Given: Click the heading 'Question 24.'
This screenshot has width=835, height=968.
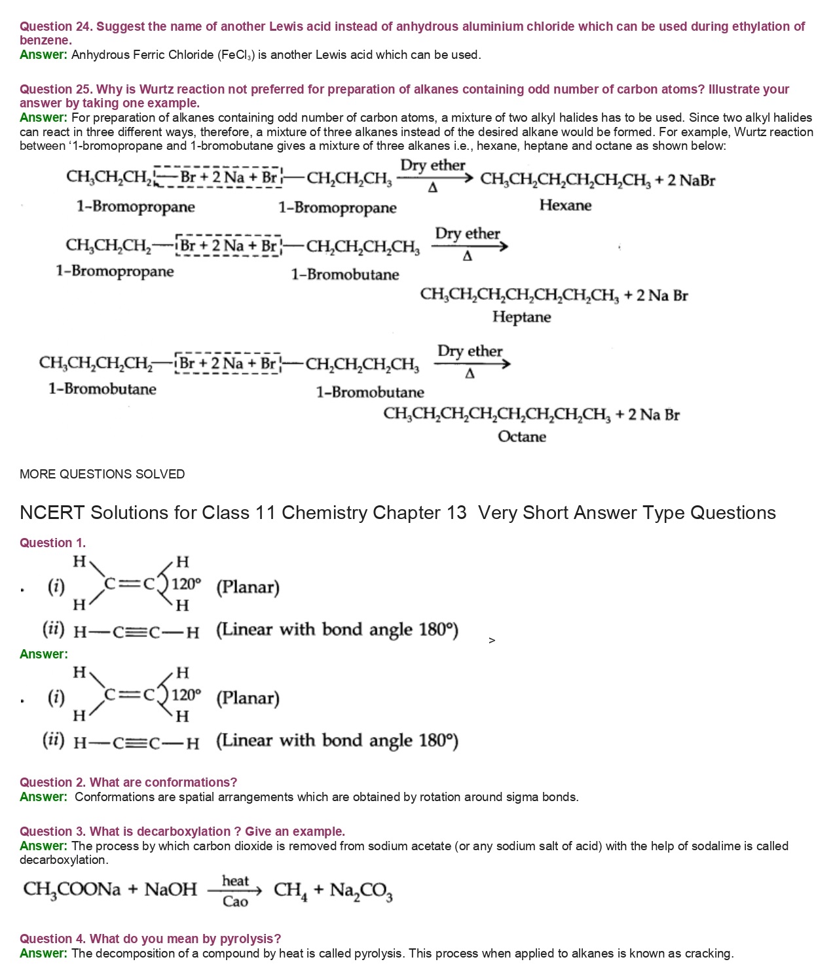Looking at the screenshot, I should pos(56,27).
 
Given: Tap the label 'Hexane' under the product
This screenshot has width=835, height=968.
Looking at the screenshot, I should pos(565,206).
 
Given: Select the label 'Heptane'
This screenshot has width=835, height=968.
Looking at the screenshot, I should pos(521,317).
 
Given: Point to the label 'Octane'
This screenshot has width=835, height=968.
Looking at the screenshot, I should pos(521,437).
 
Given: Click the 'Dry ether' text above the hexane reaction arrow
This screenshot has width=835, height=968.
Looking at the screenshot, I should pos(432,166).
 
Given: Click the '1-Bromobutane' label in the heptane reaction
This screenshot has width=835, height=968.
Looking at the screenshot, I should pos(344,275).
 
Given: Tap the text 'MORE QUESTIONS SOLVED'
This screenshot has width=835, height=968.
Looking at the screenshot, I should pos(102,475).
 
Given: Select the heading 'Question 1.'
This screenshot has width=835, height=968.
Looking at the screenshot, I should pos(52,543).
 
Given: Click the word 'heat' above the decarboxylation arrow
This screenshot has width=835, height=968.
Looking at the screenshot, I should pos(235,881).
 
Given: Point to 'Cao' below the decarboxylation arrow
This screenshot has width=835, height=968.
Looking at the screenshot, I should pos(235,902).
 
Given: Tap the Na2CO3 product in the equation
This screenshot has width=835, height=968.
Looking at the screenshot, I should pos(361,891).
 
